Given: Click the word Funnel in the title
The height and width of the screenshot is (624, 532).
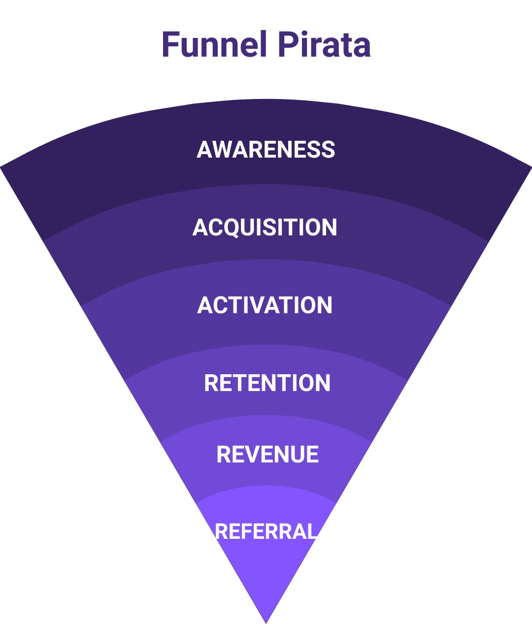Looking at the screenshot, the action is point(214,44).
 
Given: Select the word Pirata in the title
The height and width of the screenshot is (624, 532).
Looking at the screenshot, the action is point(324,44).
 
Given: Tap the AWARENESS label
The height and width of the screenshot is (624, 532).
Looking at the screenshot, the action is point(266,149).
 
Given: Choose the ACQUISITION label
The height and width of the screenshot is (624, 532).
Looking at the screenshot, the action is point(265,227).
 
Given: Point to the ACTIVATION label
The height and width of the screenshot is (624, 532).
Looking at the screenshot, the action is point(265,305).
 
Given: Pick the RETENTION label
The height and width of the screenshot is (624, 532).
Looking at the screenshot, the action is point(267,383).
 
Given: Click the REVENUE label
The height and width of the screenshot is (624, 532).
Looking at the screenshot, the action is point(267,454).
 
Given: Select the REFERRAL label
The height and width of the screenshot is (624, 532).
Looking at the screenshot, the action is point(266,531).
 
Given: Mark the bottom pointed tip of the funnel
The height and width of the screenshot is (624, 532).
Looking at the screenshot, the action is point(266,623).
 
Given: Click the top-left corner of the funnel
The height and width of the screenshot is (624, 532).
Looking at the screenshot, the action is point(0,166).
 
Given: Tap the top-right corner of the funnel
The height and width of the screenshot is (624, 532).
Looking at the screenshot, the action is point(532,166).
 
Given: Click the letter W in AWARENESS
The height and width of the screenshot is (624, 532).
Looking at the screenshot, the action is point(223,149).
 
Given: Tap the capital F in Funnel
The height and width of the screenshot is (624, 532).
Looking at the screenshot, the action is point(171,44).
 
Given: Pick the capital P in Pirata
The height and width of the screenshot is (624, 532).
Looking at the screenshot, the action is point(287,44).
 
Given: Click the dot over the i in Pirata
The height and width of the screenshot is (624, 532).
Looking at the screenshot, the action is point(304,33).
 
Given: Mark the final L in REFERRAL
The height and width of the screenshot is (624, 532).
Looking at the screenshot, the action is point(310,531).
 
